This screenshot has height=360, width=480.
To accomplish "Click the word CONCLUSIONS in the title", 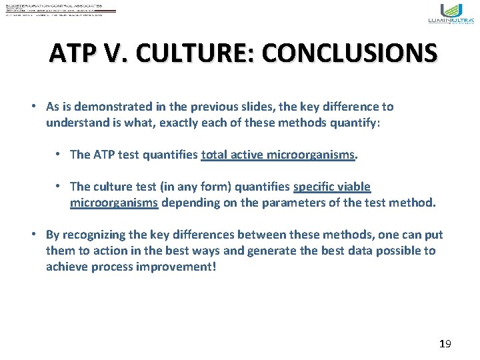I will tap(351, 53).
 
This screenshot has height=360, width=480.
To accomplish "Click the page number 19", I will tap(445, 344).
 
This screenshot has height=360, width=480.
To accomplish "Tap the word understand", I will tap(76, 123).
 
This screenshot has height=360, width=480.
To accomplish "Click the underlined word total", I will tap(215, 155).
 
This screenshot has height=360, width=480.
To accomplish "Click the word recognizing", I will tap(95, 235).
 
